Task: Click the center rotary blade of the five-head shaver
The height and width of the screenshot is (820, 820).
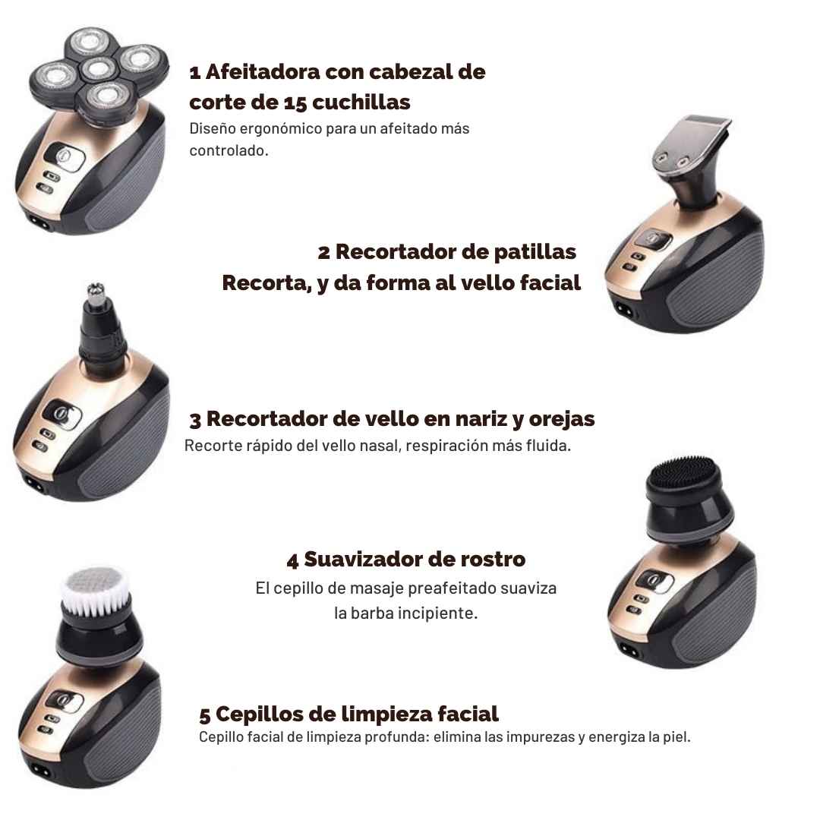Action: click(x=98, y=68)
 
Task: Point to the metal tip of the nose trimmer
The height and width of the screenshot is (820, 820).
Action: click(x=96, y=295)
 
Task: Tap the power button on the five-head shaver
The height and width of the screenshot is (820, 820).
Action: click(x=65, y=158)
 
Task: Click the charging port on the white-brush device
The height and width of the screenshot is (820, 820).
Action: click(x=40, y=771)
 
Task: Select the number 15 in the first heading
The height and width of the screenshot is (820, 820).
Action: click(x=295, y=102)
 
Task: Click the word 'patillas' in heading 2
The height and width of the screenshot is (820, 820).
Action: click(x=535, y=251)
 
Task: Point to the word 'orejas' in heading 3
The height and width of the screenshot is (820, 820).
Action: click(x=562, y=419)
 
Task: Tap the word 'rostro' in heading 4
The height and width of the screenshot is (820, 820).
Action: click(x=493, y=560)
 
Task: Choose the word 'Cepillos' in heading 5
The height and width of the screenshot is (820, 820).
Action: click(x=259, y=714)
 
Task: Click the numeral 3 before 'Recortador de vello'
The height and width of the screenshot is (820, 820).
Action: click(x=195, y=420)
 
